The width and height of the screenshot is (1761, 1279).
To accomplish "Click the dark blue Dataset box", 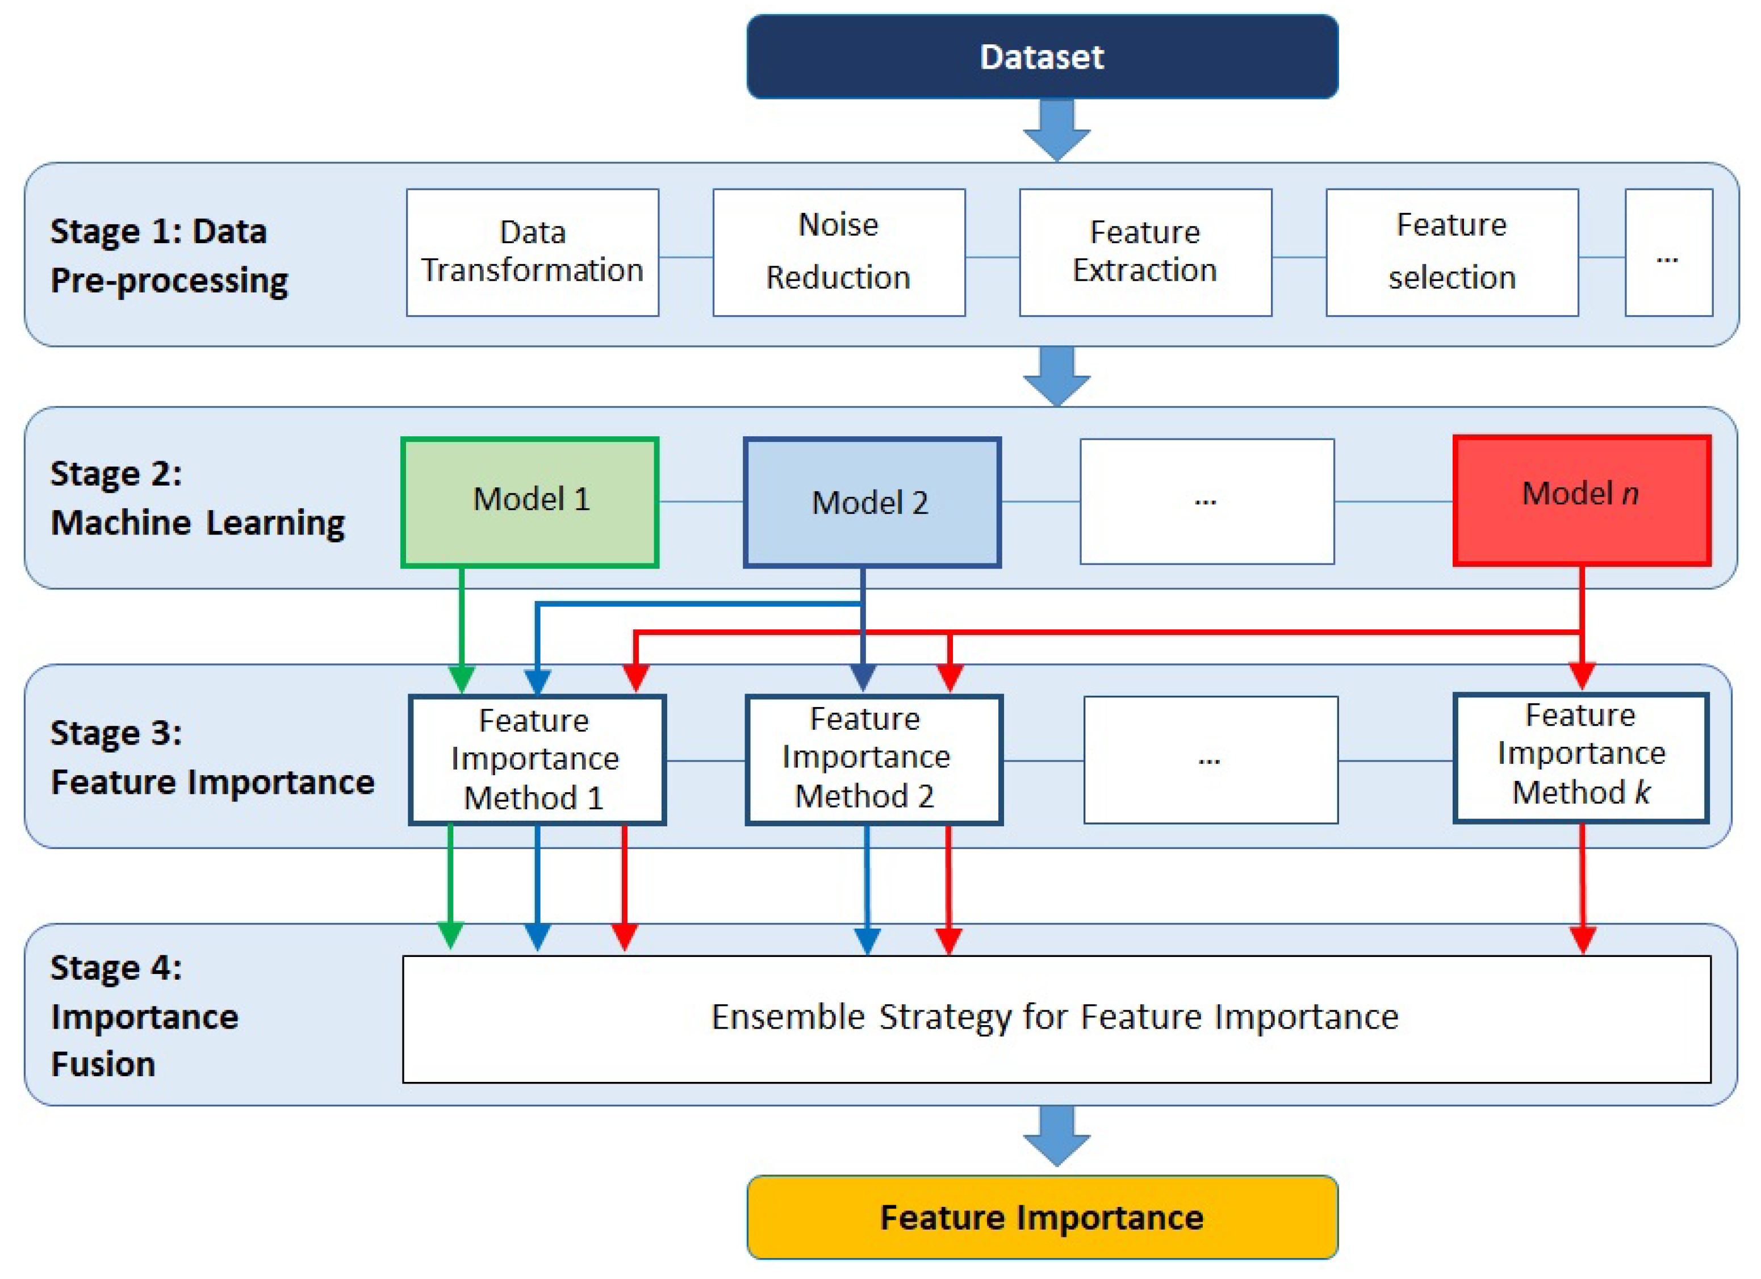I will [x=1042, y=57].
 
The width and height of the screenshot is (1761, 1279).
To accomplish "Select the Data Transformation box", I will [x=533, y=252].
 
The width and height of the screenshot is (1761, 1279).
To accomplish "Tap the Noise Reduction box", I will [x=839, y=252].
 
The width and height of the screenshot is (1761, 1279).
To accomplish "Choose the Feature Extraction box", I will [x=1145, y=252].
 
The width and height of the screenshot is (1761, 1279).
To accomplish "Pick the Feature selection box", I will [x=1452, y=252].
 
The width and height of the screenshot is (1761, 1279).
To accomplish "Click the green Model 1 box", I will [x=530, y=501].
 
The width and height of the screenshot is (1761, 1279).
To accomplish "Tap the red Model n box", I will [x=1582, y=500].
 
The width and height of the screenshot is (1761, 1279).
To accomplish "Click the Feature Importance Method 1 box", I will [x=537, y=759].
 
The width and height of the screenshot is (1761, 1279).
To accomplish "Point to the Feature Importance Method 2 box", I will [x=875, y=759].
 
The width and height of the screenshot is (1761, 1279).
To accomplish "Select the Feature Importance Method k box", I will [x=1581, y=758].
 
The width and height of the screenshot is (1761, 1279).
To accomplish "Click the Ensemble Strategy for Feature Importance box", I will [x=1056, y=1018].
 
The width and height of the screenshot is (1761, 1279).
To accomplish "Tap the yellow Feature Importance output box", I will [x=1042, y=1217].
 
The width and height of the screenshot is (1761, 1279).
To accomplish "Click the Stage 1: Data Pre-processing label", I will [x=169, y=256].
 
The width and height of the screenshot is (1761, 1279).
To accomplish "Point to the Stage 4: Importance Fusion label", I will [x=144, y=1015].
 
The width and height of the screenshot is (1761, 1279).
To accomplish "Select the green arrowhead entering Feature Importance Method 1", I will [x=462, y=679].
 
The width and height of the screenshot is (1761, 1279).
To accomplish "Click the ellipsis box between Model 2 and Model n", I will [x=1207, y=501].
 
